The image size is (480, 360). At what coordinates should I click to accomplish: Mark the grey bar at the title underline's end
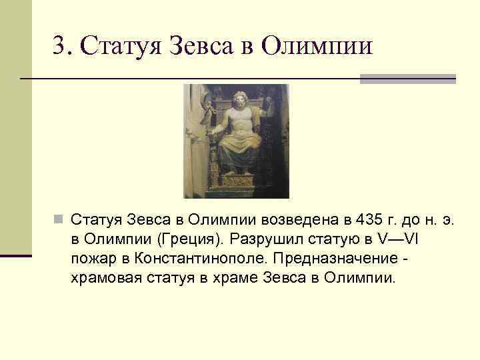407,79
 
